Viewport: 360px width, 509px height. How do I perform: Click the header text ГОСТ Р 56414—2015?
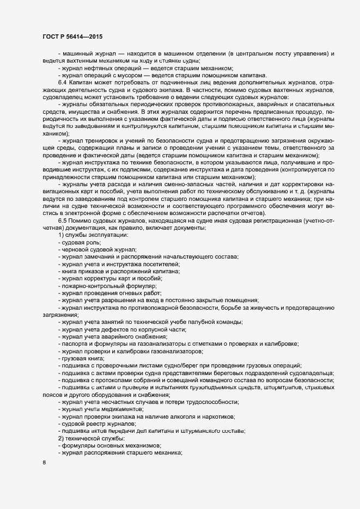click(x=73, y=36)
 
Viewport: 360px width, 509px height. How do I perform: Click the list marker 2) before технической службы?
click(x=61, y=438)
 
